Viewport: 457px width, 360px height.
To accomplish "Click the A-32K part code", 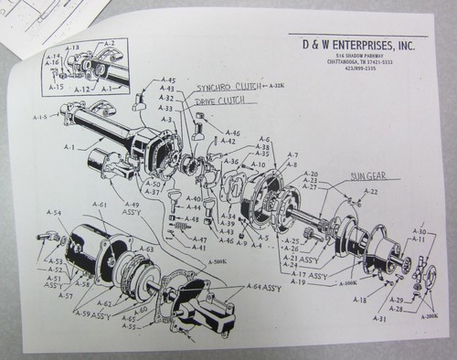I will pos(281,85).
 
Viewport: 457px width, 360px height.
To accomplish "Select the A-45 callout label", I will pos(169,80).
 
